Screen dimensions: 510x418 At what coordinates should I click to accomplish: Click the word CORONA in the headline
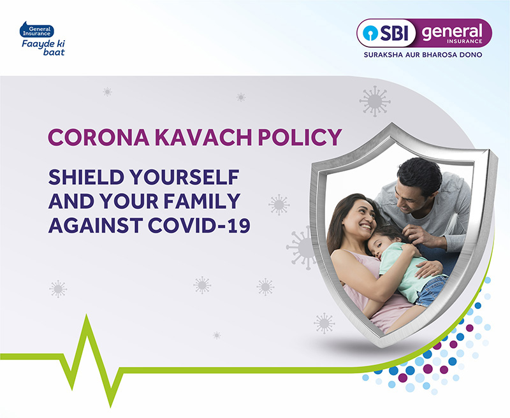(x=99, y=137)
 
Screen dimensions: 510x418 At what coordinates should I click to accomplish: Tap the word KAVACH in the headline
(x=203, y=137)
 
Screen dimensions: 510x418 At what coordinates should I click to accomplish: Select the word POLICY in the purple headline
(x=300, y=137)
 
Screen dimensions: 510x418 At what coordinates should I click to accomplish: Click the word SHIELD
(x=86, y=177)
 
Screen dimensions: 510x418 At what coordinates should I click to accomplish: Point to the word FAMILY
(x=202, y=201)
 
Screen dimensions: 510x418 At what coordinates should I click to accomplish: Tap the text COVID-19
(x=199, y=226)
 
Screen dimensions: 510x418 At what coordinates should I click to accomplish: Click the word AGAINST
(x=96, y=226)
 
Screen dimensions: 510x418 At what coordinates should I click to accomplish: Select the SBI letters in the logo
(x=394, y=33)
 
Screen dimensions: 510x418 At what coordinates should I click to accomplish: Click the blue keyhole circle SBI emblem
(x=369, y=33)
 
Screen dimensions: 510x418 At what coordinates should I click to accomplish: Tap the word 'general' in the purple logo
(x=452, y=31)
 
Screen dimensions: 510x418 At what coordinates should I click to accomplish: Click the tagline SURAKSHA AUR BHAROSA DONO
(x=423, y=55)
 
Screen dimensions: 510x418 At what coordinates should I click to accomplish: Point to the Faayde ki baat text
(x=43, y=47)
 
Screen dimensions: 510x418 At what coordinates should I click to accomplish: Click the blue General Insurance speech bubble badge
(x=37, y=30)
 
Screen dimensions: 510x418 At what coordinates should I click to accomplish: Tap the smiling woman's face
(x=361, y=220)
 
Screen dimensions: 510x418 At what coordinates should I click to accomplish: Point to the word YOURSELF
(x=184, y=177)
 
